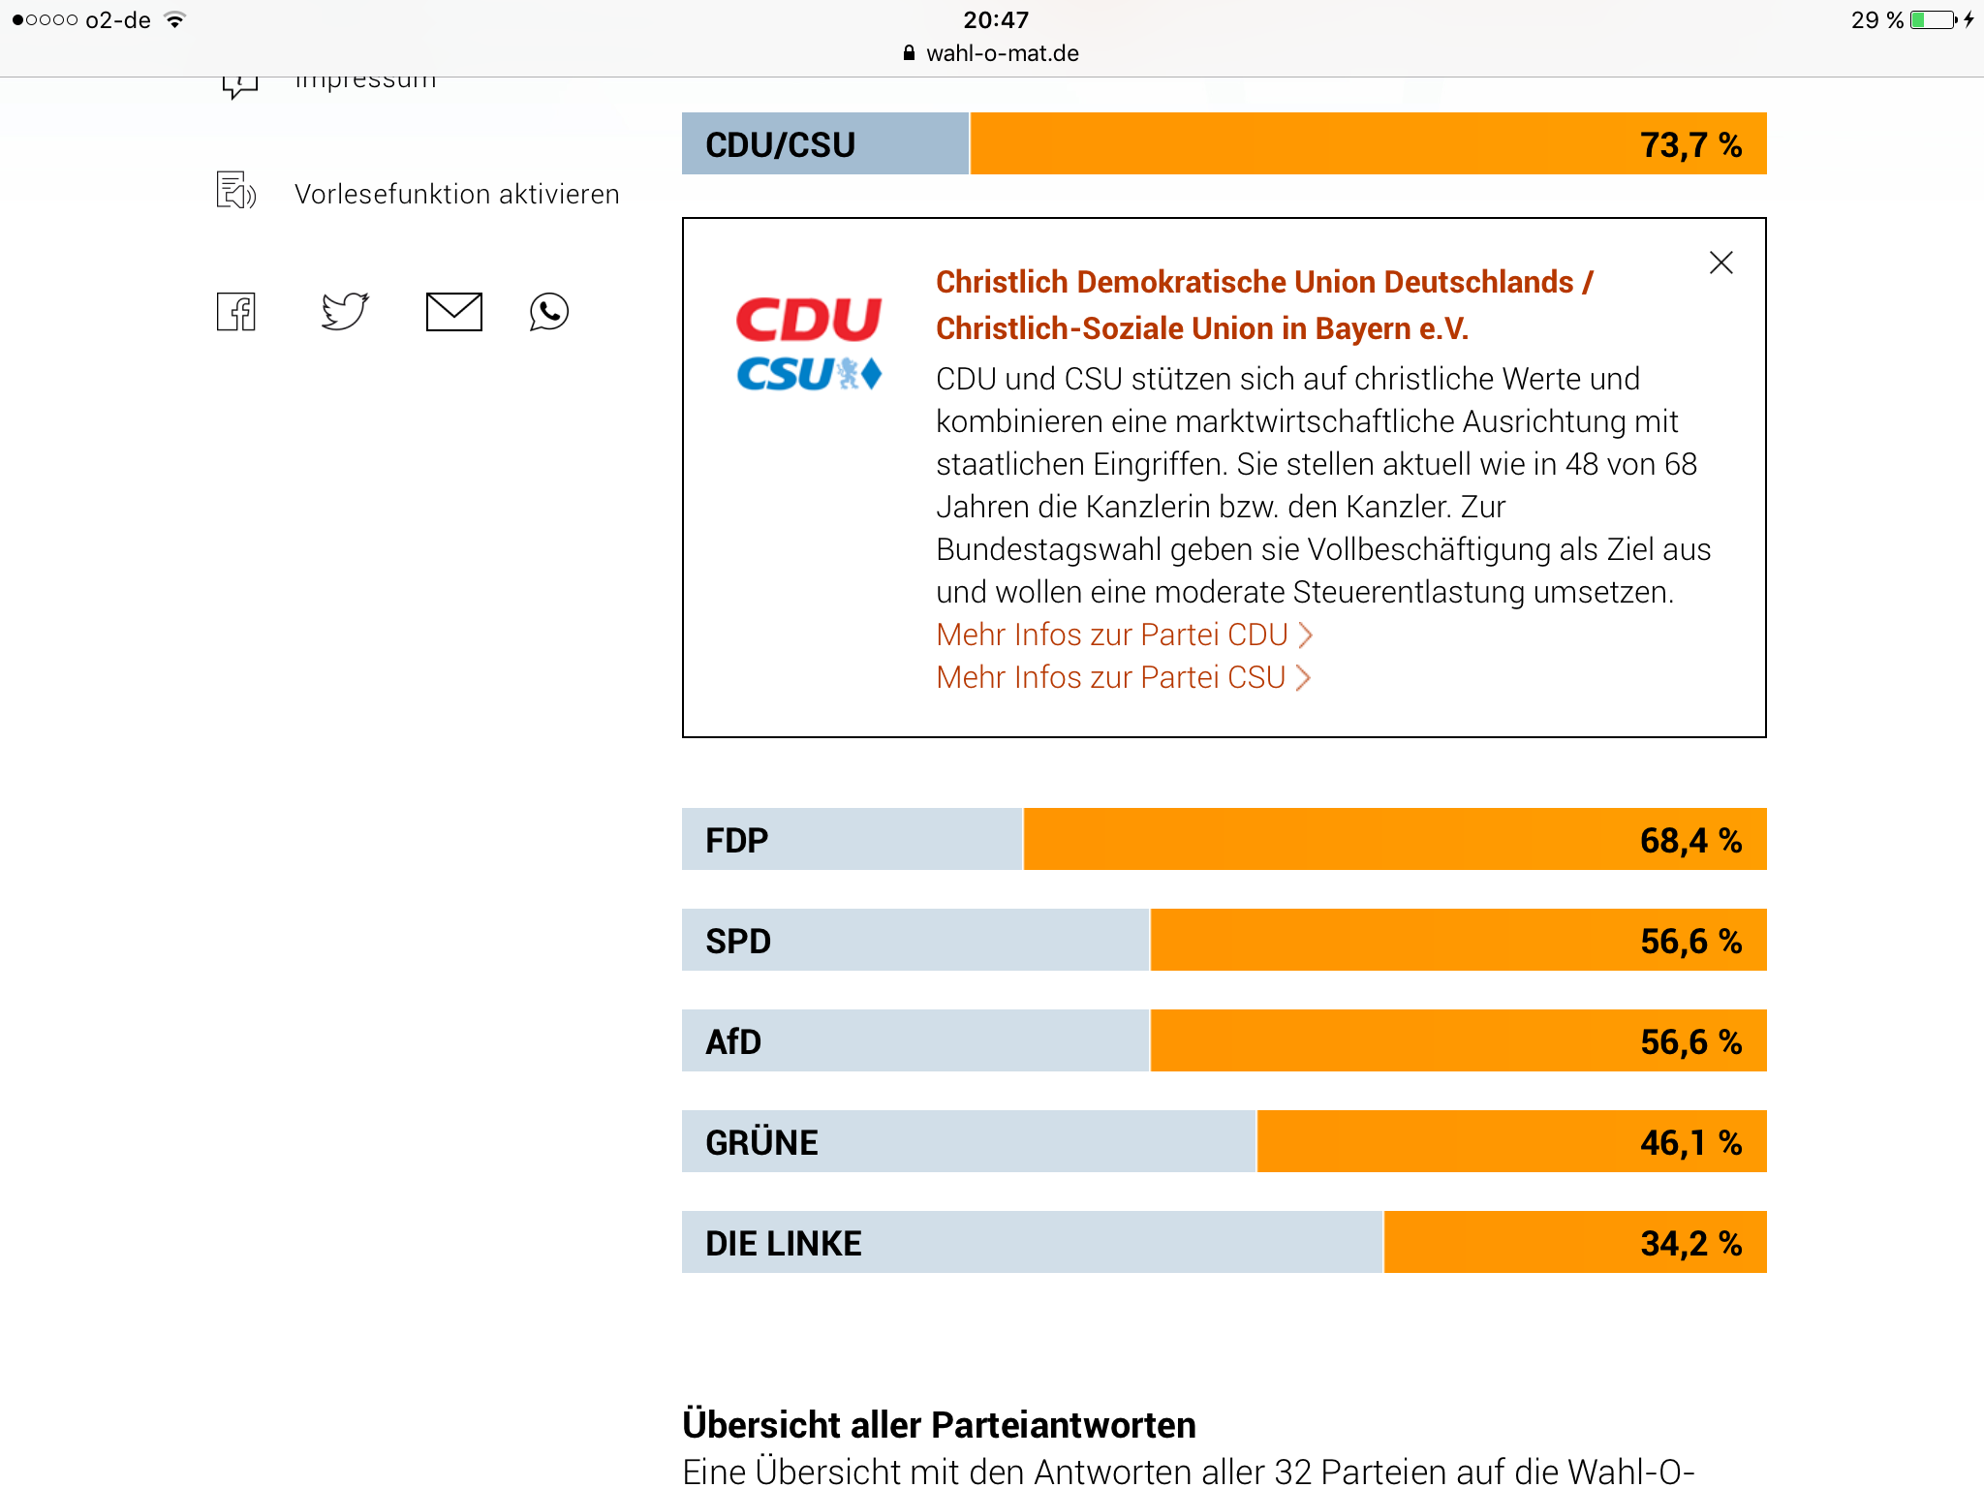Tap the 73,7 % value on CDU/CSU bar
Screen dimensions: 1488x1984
1690,145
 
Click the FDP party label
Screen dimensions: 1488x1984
736,840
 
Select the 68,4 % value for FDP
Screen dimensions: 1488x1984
1690,840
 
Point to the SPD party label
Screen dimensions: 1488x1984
738,941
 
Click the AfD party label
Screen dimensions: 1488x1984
733,1041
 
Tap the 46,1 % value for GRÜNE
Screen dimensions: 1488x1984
1690,1142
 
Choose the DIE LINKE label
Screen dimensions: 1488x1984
783,1243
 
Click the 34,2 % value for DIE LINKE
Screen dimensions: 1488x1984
1690,1243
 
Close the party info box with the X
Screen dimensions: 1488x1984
1720,263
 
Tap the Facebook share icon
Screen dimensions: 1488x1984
236,312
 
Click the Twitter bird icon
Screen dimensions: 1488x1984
345,311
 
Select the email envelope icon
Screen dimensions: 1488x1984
453,312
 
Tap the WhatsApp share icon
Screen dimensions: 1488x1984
549,312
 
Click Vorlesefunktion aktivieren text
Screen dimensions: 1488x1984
456,194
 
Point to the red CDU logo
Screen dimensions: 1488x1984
809,320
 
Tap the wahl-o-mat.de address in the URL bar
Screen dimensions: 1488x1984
1002,53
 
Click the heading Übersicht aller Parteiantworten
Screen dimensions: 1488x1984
939,1425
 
